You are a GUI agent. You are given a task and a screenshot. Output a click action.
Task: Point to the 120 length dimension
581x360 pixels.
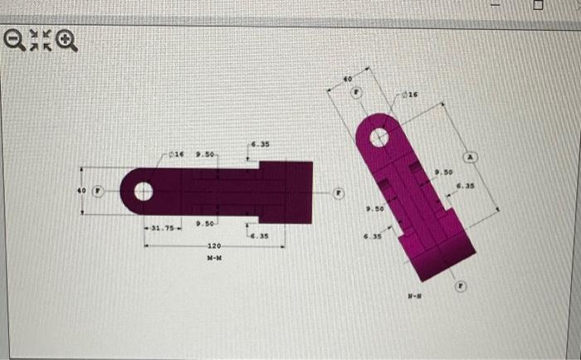(x=215, y=246)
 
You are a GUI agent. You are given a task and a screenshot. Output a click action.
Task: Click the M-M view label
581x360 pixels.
(x=215, y=258)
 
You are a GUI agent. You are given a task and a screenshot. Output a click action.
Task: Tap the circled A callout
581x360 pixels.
(x=471, y=156)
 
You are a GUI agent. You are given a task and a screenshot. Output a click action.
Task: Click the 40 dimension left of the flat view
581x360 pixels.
(x=82, y=191)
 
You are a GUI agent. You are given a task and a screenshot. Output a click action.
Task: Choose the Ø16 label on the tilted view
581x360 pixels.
(x=408, y=95)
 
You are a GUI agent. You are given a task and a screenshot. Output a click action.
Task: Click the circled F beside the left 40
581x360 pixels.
(x=98, y=191)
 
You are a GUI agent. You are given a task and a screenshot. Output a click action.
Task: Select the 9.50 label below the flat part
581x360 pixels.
(x=205, y=224)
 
